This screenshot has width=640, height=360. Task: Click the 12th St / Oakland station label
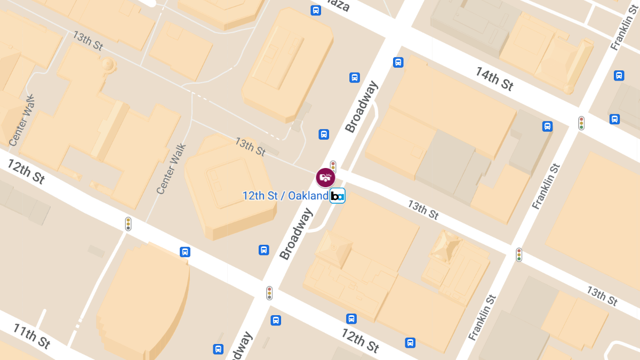(x=285, y=196)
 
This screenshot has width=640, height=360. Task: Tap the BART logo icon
(x=337, y=196)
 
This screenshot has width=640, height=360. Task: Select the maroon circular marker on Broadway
(x=325, y=177)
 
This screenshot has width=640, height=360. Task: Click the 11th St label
(x=32, y=335)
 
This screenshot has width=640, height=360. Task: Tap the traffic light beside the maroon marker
(x=333, y=165)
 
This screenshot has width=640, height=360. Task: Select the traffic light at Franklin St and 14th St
(x=581, y=123)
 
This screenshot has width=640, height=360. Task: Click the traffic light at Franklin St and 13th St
(x=519, y=254)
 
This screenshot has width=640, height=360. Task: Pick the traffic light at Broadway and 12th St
(x=269, y=292)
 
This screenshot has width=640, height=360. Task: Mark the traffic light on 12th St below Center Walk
(x=128, y=223)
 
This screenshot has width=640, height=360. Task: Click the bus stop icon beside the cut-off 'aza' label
(x=316, y=10)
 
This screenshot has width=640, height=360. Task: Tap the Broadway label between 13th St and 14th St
(x=362, y=107)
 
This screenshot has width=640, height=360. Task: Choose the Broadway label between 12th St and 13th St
(x=296, y=234)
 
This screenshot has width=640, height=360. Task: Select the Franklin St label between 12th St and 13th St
(x=483, y=318)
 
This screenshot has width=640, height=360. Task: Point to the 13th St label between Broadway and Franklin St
(x=423, y=210)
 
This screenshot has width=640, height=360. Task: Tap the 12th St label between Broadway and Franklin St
(x=360, y=340)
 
